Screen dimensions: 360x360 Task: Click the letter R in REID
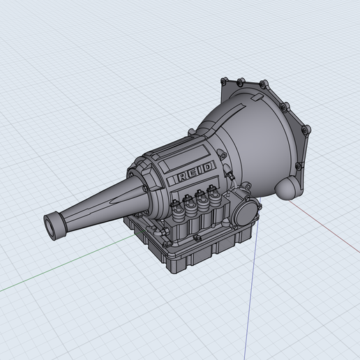(182, 177)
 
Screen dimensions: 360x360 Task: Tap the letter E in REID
(192, 174)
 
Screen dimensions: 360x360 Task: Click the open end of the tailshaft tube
(50, 227)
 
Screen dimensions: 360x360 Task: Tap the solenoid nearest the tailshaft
(177, 206)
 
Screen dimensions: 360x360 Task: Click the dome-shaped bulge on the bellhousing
(285, 188)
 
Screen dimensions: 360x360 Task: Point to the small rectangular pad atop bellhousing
(257, 97)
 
